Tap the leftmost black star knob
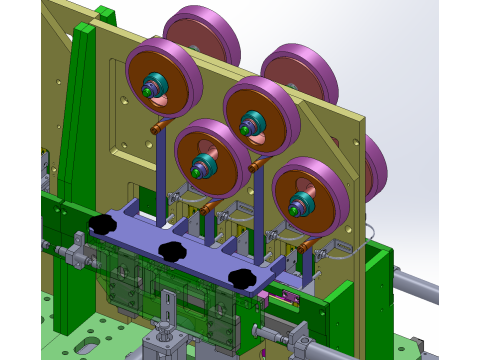(102, 224)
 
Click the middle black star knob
(172, 250)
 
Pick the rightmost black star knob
(241, 277)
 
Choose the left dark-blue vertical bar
(161, 170)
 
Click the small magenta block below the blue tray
(263, 296)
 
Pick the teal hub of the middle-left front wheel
(205, 164)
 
